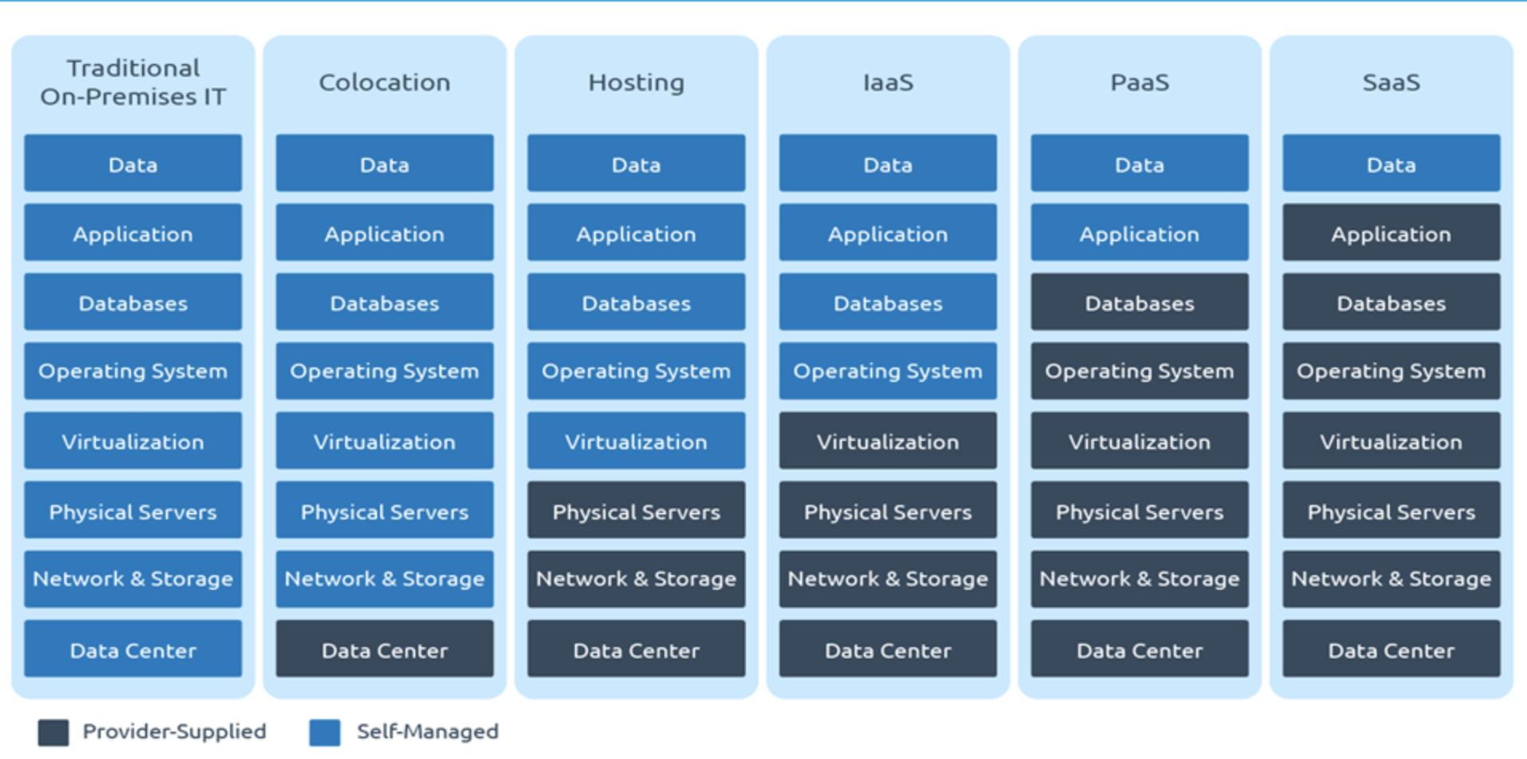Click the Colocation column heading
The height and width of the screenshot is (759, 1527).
click(384, 82)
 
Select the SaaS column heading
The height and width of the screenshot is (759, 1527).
click(1391, 82)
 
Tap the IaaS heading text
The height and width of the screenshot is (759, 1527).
click(888, 82)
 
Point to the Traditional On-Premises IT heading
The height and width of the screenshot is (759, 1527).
click(133, 82)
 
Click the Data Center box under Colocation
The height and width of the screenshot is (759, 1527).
click(384, 649)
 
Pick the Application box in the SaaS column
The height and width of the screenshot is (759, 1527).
click(1391, 232)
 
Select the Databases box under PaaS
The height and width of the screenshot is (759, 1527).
click(1140, 302)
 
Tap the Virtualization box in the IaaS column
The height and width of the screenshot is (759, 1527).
click(888, 440)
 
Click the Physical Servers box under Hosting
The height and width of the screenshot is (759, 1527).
click(636, 510)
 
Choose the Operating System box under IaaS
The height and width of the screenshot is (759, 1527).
click(888, 371)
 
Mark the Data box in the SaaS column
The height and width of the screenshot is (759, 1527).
click(1391, 163)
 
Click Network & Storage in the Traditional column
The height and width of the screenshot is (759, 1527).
click(133, 579)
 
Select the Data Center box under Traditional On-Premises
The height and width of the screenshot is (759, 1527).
click(133, 649)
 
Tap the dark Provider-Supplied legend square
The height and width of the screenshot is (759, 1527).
click(54, 733)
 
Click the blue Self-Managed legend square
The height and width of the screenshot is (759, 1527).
click(325, 733)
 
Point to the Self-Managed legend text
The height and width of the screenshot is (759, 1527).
click(427, 731)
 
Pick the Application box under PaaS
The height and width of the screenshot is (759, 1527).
click(1140, 232)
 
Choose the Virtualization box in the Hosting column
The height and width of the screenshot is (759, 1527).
click(636, 440)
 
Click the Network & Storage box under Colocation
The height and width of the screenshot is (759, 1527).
click(384, 579)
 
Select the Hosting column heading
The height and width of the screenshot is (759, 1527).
click(636, 82)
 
